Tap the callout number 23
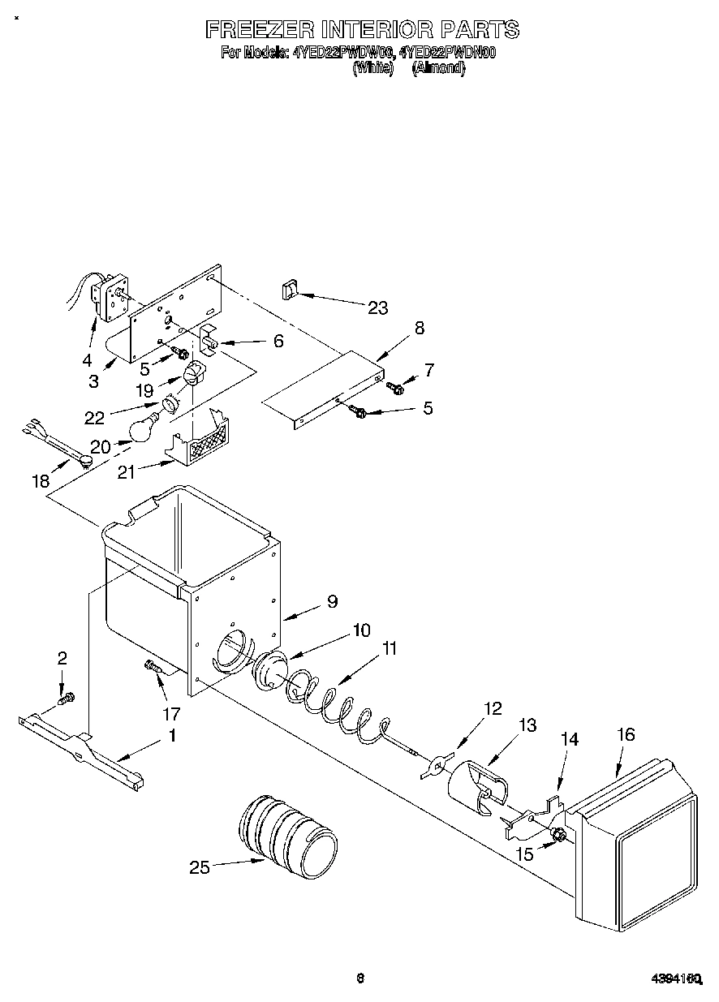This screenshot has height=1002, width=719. pos(377,307)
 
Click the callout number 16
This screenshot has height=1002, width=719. pos(625,735)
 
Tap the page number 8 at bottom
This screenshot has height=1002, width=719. pos(359,978)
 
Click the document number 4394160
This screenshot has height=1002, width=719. pos(677,980)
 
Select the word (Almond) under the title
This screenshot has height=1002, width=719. pos(438,69)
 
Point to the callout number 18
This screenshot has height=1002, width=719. pos(41,481)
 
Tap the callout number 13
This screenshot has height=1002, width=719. pos(527,725)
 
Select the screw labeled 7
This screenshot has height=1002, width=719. pos(396,388)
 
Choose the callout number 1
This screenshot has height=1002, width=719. pos(171,736)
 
